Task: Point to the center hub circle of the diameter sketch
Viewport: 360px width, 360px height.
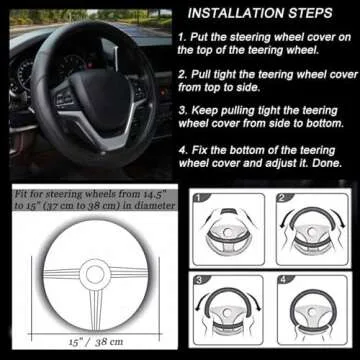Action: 97,274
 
